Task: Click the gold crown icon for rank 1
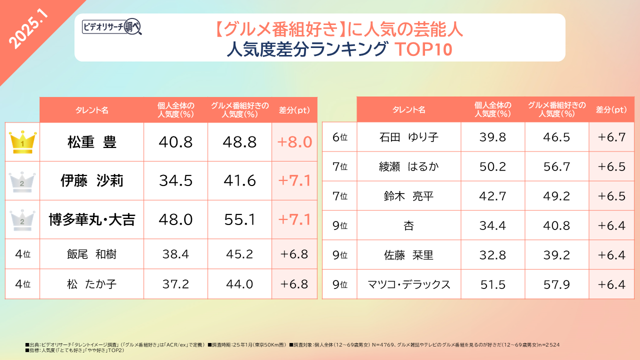22,142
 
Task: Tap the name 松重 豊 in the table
92,142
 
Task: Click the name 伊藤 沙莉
92,180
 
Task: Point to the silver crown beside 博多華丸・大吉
22,219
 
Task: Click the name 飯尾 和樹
92,255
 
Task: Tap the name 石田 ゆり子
409,137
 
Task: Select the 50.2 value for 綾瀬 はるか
492,166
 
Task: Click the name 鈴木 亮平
409,196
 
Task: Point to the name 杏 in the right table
409,225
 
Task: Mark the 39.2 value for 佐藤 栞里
556,255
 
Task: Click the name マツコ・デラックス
409,284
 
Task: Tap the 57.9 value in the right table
556,284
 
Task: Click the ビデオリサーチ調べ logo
112,26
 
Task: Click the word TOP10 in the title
423,49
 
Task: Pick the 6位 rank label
339,137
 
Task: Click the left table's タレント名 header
92,110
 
